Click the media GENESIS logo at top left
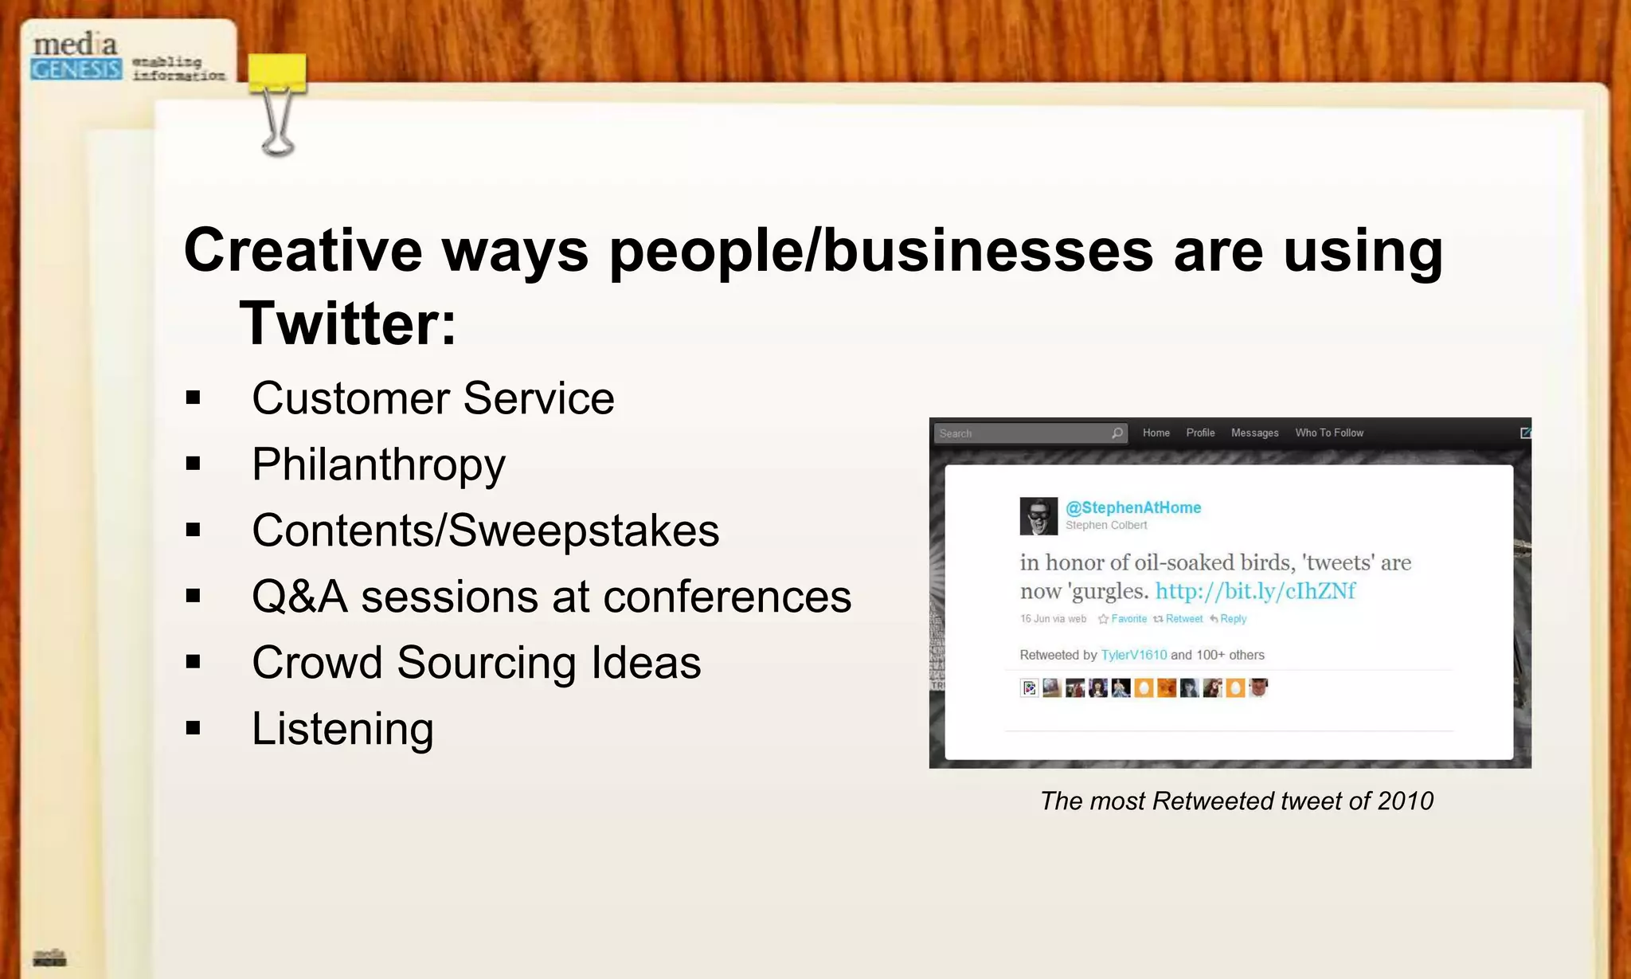(x=76, y=57)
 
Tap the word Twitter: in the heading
(x=348, y=323)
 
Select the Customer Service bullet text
(x=432, y=397)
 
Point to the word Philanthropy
(x=378, y=464)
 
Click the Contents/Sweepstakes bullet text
(x=485, y=531)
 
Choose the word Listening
(x=342, y=728)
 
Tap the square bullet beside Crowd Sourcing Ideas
(x=193, y=662)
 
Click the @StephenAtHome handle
(x=1132, y=507)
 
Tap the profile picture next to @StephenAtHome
(x=1038, y=516)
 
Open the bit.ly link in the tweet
(x=1255, y=591)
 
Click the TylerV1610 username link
(x=1133, y=655)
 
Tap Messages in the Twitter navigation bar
(x=1254, y=433)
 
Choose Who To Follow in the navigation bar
(x=1328, y=433)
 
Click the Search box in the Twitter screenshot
(x=1023, y=433)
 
